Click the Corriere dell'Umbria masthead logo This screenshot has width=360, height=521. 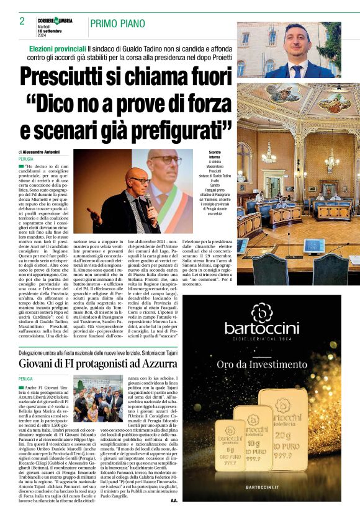tap(55, 20)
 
